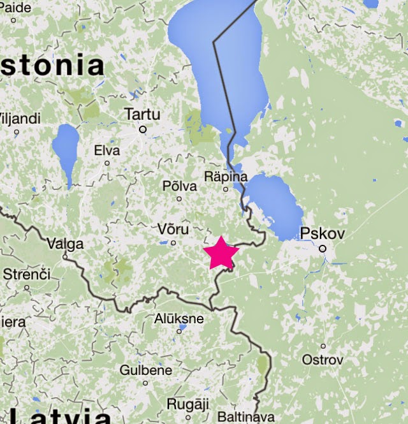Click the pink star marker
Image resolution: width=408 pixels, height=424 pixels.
pyautogui.click(x=221, y=253)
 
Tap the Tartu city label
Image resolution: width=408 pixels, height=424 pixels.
pyautogui.click(x=142, y=114)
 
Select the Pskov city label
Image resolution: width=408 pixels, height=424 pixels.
pyautogui.click(x=323, y=233)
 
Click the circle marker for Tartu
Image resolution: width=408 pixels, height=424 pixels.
pyautogui.click(x=143, y=129)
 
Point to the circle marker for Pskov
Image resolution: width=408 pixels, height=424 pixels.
pyautogui.click(x=323, y=249)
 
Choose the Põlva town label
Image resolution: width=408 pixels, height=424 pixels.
pyautogui.click(x=180, y=185)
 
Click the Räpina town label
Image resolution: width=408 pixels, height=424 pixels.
pyautogui.click(x=225, y=175)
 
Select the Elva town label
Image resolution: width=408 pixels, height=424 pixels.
pyautogui.click(x=106, y=150)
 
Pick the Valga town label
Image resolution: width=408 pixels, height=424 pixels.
pyautogui.click(x=65, y=243)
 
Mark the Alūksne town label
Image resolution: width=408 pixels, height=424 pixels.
pyautogui.click(x=179, y=318)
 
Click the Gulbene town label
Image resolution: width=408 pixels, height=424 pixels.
pyautogui.click(x=145, y=370)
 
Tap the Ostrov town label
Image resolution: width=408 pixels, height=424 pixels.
pyautogui.click(x=323, y=360)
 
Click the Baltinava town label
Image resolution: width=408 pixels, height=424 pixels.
pyautogui.click(x=245, y=417)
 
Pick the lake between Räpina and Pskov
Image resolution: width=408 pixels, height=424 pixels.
pyautogui.click(x=274, y=204)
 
